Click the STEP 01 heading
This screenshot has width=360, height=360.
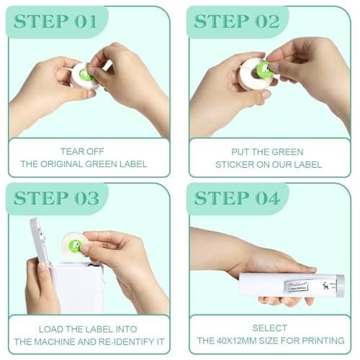tap(55, 22)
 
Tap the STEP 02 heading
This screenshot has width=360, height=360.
tap(237, 22)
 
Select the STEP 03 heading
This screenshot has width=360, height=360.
tap(56, 198)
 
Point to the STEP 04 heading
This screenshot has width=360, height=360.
tap(237, 198)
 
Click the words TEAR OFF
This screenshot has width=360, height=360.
tap(82, 151)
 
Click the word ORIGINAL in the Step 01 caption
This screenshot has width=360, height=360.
tap(61, 164)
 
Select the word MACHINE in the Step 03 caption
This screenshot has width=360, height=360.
tap(55, 342)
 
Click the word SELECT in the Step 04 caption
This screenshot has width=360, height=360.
tap(270, 328)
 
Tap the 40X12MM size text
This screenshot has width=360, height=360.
tap(240, 341)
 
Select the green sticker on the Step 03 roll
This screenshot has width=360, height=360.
tap(75, 246)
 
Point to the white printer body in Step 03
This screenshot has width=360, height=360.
tap(77, 288)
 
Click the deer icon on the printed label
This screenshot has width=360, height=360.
tap(325, 286)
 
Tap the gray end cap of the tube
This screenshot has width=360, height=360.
tap(341, 286)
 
